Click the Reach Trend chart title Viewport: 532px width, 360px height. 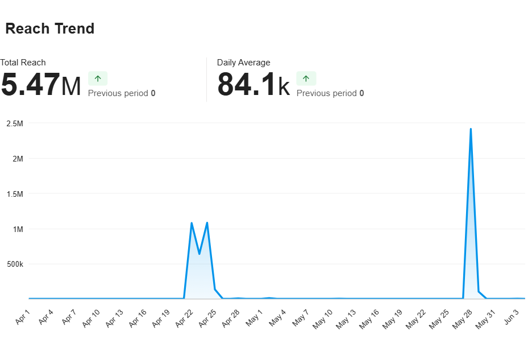point(50,29)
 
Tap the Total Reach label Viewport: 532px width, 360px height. point(23,63)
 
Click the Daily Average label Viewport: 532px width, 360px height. point(244,63)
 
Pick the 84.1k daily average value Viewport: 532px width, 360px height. point(253,85)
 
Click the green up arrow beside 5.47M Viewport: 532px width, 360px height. point(98,78)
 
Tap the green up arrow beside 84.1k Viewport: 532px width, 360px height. point(306,78)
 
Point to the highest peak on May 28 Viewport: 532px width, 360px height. point(471,129)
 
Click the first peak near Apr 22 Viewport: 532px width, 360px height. point(192,223)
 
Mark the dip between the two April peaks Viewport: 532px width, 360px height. point(199,254)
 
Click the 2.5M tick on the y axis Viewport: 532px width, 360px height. point(15,123)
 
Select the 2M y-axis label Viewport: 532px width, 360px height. point(17,159)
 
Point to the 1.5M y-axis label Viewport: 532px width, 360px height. point(15,194)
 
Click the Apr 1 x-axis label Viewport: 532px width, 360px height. point(23,318)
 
